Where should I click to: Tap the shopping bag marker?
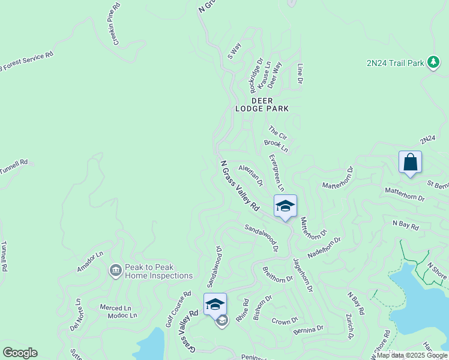(410, 163)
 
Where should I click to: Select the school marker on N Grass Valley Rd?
(285, 206)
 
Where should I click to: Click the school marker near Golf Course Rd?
(215, 305)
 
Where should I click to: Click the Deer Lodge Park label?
(270, 104)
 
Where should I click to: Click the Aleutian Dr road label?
(251, 175)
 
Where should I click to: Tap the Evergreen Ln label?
(276, 173)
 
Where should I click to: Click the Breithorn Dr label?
(277, 278)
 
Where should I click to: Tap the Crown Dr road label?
(285, 322)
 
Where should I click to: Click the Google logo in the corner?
(20, 353)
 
